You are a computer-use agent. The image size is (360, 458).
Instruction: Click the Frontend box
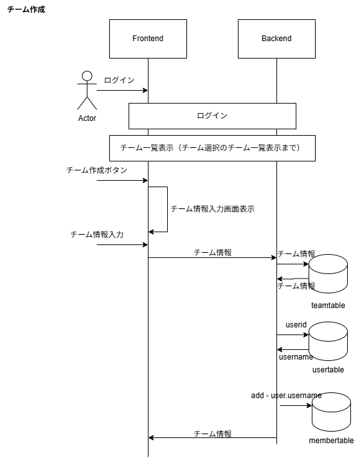148,39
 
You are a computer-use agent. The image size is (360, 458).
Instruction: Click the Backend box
276,39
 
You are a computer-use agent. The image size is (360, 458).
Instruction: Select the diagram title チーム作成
26,10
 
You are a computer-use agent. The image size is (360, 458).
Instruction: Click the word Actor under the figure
87,119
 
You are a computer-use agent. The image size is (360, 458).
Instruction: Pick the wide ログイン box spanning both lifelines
212,116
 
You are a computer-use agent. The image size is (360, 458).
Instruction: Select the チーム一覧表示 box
212,148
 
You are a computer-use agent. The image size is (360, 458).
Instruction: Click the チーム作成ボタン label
97,170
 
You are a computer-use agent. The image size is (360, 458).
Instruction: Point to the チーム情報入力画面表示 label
213,209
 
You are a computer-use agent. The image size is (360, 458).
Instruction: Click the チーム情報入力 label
97,235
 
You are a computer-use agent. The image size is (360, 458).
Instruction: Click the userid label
296,325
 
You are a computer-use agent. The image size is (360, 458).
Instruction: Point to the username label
296,356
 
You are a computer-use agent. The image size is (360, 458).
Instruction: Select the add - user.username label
286,395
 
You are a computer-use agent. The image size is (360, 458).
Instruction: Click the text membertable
331,441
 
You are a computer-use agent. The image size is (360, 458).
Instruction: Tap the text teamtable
328,306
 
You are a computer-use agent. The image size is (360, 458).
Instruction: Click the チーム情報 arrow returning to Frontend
212,437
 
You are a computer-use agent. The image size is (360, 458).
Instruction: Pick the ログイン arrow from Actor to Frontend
122,90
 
